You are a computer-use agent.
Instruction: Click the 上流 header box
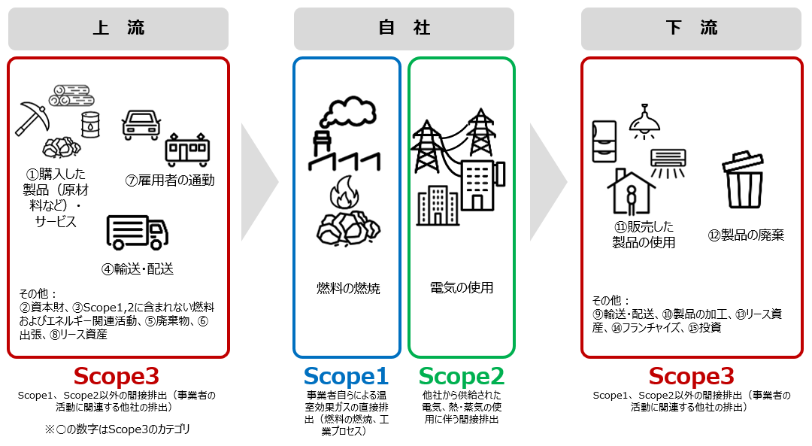coord(118,29)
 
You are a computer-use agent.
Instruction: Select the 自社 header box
coord(404,29)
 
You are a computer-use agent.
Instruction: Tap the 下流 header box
coord(692,29)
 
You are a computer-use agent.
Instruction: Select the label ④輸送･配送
coord(138,269)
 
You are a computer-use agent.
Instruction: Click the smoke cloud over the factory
coord(347,114)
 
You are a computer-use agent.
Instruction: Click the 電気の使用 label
coord(462,288)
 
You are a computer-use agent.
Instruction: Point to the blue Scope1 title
coord(346,375)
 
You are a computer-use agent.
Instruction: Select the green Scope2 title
coord(461,375)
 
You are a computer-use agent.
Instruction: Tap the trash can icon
coord(743,181)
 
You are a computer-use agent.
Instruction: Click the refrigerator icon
coord(605,141)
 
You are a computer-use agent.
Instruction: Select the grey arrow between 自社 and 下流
coord(547,181)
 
